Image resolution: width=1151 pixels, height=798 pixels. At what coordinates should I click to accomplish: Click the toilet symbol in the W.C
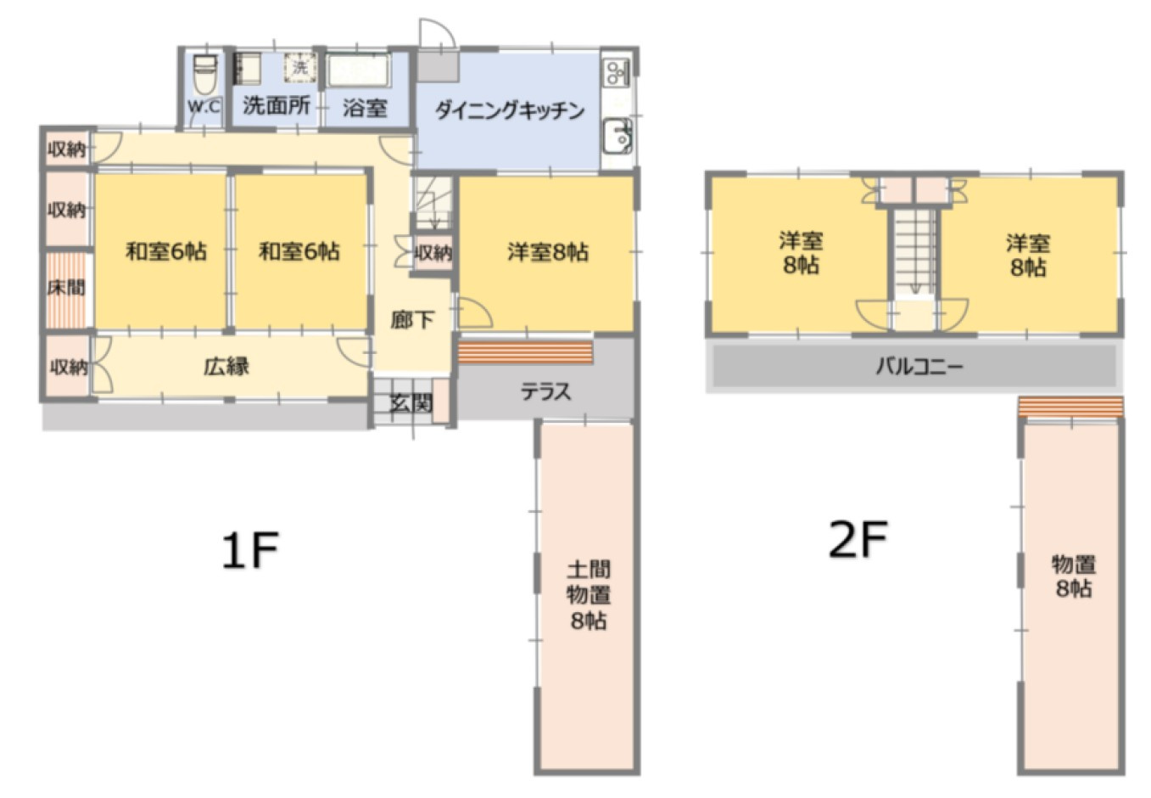[x=205, y=75]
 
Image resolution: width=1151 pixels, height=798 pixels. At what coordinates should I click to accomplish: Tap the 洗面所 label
[x=277, y=105]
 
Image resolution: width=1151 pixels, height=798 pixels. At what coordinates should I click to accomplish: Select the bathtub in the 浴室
[x=359, y=70]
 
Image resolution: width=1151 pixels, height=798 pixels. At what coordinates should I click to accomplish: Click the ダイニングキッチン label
[x=510, y=110]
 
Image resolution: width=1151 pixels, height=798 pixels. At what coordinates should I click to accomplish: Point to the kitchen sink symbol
[x=617, y=137]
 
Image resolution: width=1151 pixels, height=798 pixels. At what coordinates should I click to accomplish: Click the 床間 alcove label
[x=66, y=288]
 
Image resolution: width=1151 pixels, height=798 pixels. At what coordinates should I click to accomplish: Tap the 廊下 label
[x=412, y=320]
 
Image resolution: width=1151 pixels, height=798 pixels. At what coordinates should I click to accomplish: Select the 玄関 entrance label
[x=411, y=403]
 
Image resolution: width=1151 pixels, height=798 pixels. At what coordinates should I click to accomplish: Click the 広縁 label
[x=226, y=367]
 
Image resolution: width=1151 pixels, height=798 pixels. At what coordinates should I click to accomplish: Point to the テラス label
[x=545, y=392]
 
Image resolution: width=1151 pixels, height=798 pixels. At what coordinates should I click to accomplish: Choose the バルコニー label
[x=919, y=367]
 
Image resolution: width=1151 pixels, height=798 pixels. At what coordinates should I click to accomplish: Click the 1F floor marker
[x=250, y=551]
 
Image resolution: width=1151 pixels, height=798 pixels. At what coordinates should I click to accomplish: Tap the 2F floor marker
[x=858, y=539]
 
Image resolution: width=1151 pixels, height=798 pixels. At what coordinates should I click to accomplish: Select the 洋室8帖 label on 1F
[x=548, y=252]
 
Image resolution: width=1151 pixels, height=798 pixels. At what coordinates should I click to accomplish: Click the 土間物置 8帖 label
[x=589, y=595]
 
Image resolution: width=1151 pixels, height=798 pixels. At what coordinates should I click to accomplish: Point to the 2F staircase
[x=914, y=253]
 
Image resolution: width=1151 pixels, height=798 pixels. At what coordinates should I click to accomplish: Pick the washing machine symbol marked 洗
[x=299, y=67]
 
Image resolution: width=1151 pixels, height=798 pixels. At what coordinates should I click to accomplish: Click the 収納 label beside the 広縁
[x=69, y=367]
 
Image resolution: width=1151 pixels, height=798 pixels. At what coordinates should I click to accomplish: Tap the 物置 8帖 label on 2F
[x=1074, y=576]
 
